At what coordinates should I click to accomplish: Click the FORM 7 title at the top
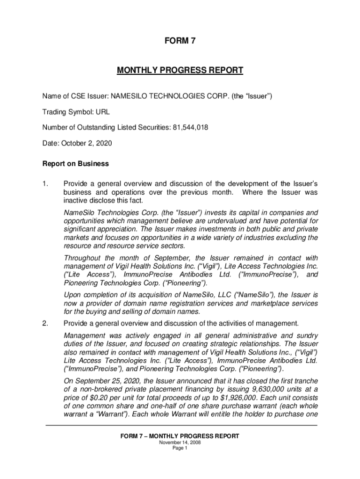180,41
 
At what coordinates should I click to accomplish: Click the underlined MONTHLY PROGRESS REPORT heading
180,71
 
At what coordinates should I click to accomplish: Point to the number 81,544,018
186,128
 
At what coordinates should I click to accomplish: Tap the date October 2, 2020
86,143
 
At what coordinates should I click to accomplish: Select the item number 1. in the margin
46,183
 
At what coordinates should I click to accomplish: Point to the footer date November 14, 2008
180,442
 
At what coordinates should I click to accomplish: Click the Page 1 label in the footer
180,448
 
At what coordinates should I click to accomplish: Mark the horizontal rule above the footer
180,425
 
